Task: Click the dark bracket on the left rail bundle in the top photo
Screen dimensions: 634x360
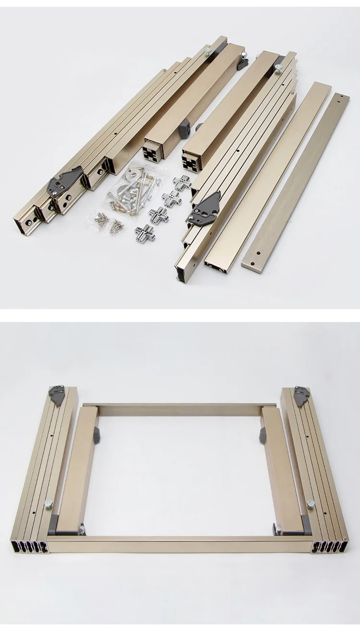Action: (64, 181)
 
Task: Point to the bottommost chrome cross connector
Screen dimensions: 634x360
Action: (144, 234)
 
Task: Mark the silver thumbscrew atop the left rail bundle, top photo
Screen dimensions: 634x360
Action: (207, 49)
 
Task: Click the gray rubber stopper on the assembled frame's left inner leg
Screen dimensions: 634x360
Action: (95, 434)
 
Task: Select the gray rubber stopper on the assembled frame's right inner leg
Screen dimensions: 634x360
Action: (264, 434)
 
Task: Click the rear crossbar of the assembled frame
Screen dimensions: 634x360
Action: (180, 409)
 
